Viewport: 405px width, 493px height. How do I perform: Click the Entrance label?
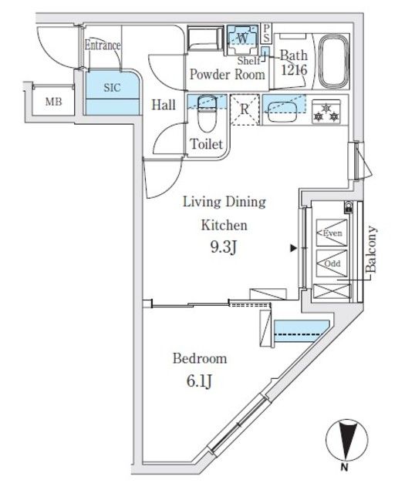[x=103, y=45]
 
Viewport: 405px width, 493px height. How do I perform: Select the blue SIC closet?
[x=112, y=92]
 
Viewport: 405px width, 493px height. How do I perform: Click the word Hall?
[x=162, y=105]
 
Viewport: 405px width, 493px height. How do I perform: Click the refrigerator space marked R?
[x=244, y=109]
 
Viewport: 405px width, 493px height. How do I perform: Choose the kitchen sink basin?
[x=283, y=109]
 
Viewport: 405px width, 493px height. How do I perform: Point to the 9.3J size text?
[x=223, y=249]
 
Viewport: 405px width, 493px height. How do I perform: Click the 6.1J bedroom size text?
[x=200, y=382]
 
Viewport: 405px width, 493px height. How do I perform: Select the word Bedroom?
[x=199, y=358]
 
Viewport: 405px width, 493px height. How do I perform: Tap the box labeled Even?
[x=332, y=233]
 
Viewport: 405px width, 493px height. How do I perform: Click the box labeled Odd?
[x=332, y=263]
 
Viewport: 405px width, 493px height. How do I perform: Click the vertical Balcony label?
[x=371, y=250]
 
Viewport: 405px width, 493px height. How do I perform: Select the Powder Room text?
[x=228, y=74]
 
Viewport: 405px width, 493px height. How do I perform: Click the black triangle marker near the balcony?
[x=292, y=249]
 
